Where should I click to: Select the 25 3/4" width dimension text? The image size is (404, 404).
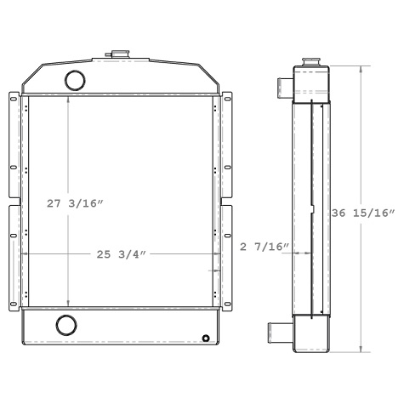[x=119, y=253]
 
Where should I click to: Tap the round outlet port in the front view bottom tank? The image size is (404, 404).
[x=65, y=324]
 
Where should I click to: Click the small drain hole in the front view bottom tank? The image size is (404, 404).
[x=206, y=337]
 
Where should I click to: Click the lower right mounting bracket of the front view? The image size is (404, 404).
[x=227, y=255]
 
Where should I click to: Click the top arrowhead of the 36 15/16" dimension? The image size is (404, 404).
[x=363, y=71]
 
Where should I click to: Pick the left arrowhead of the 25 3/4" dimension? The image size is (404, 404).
[x=27, y=253]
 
